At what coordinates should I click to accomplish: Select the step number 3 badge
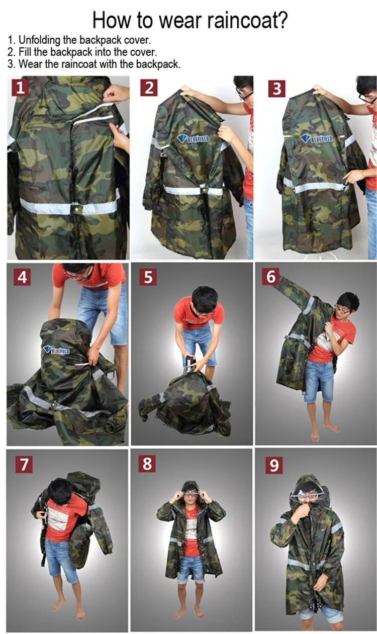(x=277, y=88)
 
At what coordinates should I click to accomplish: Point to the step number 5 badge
(x=147, y=276)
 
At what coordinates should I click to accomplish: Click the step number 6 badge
(x=271, y=276)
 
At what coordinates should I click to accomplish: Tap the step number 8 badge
(x=147, y=463)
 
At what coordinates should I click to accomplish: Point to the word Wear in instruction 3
(x=30, y=64)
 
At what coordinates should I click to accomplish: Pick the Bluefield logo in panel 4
(x=56, y=349)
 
